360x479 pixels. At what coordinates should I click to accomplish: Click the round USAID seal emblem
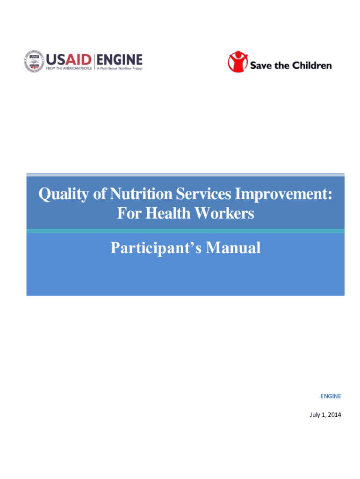tap(34, 61)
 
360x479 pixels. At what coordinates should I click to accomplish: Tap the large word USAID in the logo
tap(69, 60)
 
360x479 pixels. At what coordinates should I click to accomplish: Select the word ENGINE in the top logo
tap(120, 60)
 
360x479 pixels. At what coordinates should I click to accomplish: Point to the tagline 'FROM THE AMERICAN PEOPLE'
tap(69, 68)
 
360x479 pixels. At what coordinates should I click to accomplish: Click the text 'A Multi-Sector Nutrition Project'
tap(120, 68)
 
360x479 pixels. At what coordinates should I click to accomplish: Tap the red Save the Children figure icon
tap(238, 62)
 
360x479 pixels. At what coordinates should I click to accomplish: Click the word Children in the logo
tap(312, 65)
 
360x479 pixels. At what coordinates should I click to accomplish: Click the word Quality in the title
tap(64, 194)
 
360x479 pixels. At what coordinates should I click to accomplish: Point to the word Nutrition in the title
tap(141, 194)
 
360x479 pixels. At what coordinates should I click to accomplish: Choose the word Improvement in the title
tap(283, 194)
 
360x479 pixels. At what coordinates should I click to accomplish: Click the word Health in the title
tap(168, 213)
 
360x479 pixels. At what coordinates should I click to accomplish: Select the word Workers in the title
tap(224, 213)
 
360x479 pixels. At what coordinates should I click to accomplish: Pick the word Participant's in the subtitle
tap(156, 248)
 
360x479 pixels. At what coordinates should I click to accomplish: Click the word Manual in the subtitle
tap(233, 247)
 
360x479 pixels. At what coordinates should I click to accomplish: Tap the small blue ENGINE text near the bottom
tap(331, 396)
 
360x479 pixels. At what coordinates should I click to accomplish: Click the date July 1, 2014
tap(325, 415)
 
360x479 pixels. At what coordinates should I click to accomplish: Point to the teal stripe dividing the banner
tap(185, 231)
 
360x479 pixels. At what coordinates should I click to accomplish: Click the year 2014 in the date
tap(335, 414)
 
